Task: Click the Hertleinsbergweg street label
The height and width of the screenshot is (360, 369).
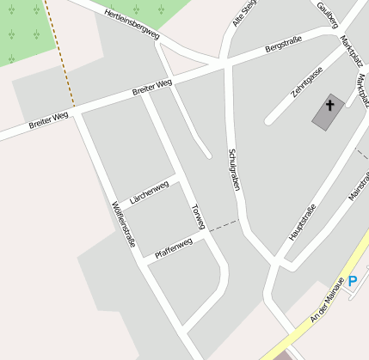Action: point(132,25)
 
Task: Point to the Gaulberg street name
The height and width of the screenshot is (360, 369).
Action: point(327,12)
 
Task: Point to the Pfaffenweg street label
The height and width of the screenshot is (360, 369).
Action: point(173,248)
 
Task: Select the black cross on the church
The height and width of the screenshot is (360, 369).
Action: point(329,107)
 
